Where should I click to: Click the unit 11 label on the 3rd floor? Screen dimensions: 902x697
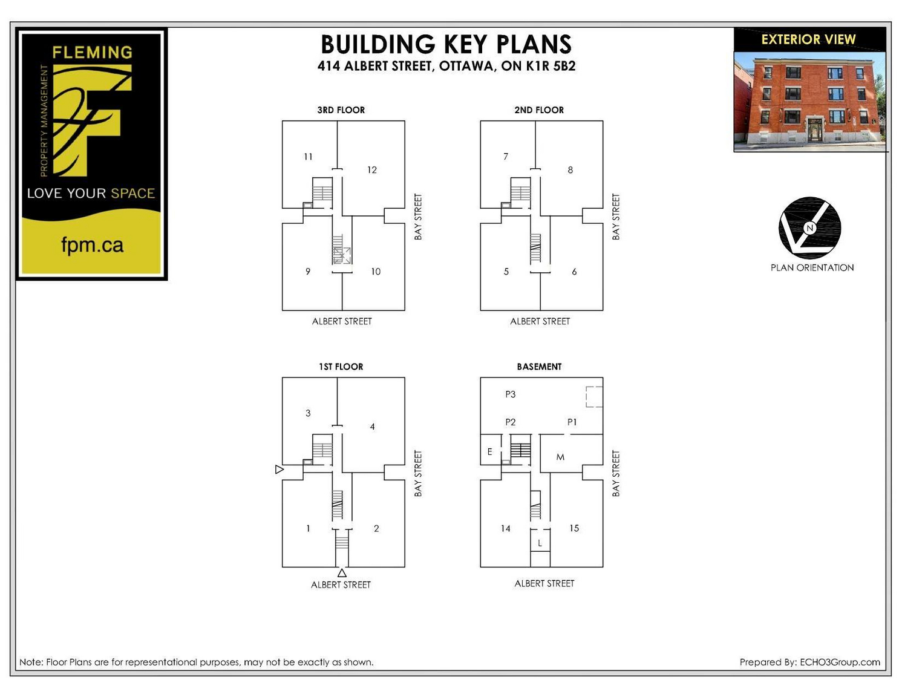click(x=308, y=157)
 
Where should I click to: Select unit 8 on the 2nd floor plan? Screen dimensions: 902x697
click(x=570, y=170)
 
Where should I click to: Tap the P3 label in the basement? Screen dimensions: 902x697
click(x=510, y=394)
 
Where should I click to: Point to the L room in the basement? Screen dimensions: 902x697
click(x=540, y=543)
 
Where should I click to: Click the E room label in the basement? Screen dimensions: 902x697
click(x=490, y=452)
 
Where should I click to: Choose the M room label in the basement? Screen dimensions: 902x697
click(x=560, y=457)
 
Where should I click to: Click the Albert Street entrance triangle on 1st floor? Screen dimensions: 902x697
click(x=342, y=574)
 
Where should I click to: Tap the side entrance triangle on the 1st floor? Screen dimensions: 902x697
click(x=279, y=470)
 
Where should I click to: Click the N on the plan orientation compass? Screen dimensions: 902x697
click(x=809, y=228)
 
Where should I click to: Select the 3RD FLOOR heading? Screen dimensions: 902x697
click(x=341, y=110)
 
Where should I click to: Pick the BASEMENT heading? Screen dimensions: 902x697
click(x=539, y=367)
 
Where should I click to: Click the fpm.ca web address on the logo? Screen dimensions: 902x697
click(x=92, y=245)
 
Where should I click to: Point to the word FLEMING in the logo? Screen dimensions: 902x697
click(x=92, y=52)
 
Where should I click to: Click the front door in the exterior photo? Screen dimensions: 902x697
click(x=814, y=130)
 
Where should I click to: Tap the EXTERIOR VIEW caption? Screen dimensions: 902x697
click(x=808, y=39)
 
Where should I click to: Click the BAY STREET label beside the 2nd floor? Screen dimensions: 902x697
click(x=616, y=217)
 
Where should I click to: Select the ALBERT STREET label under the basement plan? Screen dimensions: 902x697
click(x=544, y=583)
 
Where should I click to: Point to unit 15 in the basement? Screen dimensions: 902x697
click(x=574, y=528)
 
